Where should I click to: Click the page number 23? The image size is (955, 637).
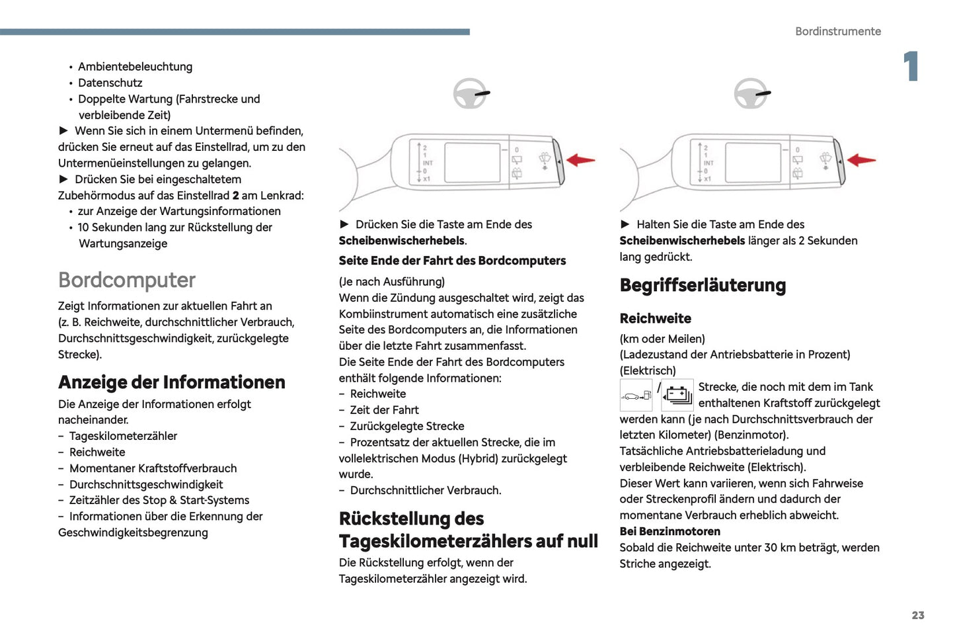point(917,615)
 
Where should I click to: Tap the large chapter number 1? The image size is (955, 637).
point(911,66)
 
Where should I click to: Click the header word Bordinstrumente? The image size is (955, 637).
point(837,31)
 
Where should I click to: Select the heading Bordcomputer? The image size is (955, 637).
point(127,280)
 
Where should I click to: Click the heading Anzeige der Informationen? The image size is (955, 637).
point(172,382)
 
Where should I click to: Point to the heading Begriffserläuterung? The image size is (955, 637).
point(703,285)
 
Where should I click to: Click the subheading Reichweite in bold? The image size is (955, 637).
point(655,318)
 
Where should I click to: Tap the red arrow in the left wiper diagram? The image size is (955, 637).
point(581,160)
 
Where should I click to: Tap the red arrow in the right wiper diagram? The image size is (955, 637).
point(861,160)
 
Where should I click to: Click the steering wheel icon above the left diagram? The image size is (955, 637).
point(470,94)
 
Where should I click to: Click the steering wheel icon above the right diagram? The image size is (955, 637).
point(751,94)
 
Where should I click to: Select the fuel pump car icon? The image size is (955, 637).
point(636,396)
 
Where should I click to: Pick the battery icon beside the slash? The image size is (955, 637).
point(677,396)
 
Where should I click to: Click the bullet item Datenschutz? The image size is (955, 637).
point(110,83)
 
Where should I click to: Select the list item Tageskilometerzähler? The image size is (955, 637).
point(123,436)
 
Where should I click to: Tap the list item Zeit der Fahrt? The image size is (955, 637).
point(384,410)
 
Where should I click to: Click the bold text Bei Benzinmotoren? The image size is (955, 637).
point(669,531)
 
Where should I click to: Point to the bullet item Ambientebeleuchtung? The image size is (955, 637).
point(135,67)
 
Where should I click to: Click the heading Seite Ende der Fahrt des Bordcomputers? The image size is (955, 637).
point(452,261)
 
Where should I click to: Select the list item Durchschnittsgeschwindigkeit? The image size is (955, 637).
point(146,484)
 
